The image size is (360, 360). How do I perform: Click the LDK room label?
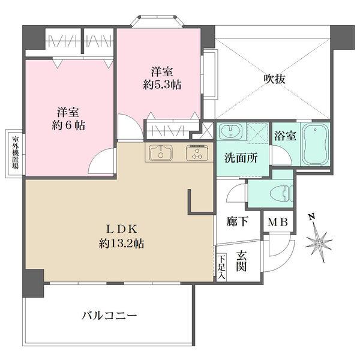pos(123,229)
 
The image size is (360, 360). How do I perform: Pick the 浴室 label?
pos(286,136)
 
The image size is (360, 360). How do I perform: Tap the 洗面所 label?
pos(241,160)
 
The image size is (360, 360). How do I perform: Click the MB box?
pos(278,222)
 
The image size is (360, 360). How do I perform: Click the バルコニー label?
pos(109,314)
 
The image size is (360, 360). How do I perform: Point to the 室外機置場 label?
pos(15,153)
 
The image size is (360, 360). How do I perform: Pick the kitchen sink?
pos(161,153)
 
